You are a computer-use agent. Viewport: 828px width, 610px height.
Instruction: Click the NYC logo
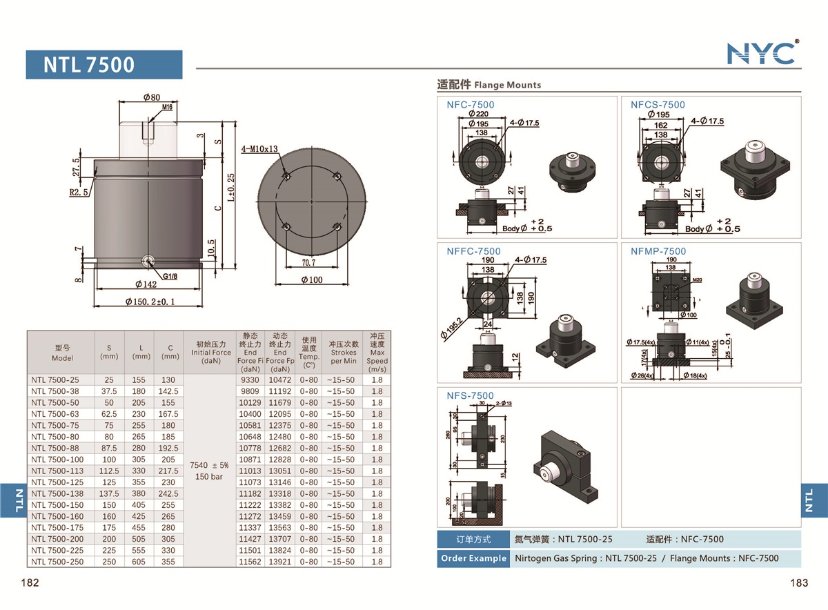(x=762, y=53)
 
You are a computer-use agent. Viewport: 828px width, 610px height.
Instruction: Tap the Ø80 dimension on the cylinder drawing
(x=152, y=97)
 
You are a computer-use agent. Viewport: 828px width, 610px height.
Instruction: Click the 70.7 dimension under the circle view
(x=308, y=262)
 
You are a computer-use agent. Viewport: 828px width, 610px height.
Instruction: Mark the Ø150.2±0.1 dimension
(x=150, y=302)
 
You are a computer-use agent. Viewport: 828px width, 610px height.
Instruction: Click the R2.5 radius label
(x=79, y=193)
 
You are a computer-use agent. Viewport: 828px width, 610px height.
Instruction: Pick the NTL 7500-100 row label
(x=57, y=460)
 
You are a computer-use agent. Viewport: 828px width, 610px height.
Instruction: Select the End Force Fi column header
(x=250, y=352)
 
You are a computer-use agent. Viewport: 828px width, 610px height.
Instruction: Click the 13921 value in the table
(x=279, y=562)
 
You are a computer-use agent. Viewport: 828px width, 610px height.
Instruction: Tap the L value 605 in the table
(x=141, y=562)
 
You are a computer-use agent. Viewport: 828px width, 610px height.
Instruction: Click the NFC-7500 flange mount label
(x=470, y=105)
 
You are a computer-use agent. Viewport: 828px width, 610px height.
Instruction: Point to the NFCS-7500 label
(x=658, y=105)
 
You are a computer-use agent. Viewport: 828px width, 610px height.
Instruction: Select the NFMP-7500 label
(x=658, y=251)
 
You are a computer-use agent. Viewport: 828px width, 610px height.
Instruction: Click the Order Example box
(x=473, y=558)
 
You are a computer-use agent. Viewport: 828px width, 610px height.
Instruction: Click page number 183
(x=798, y=583)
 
